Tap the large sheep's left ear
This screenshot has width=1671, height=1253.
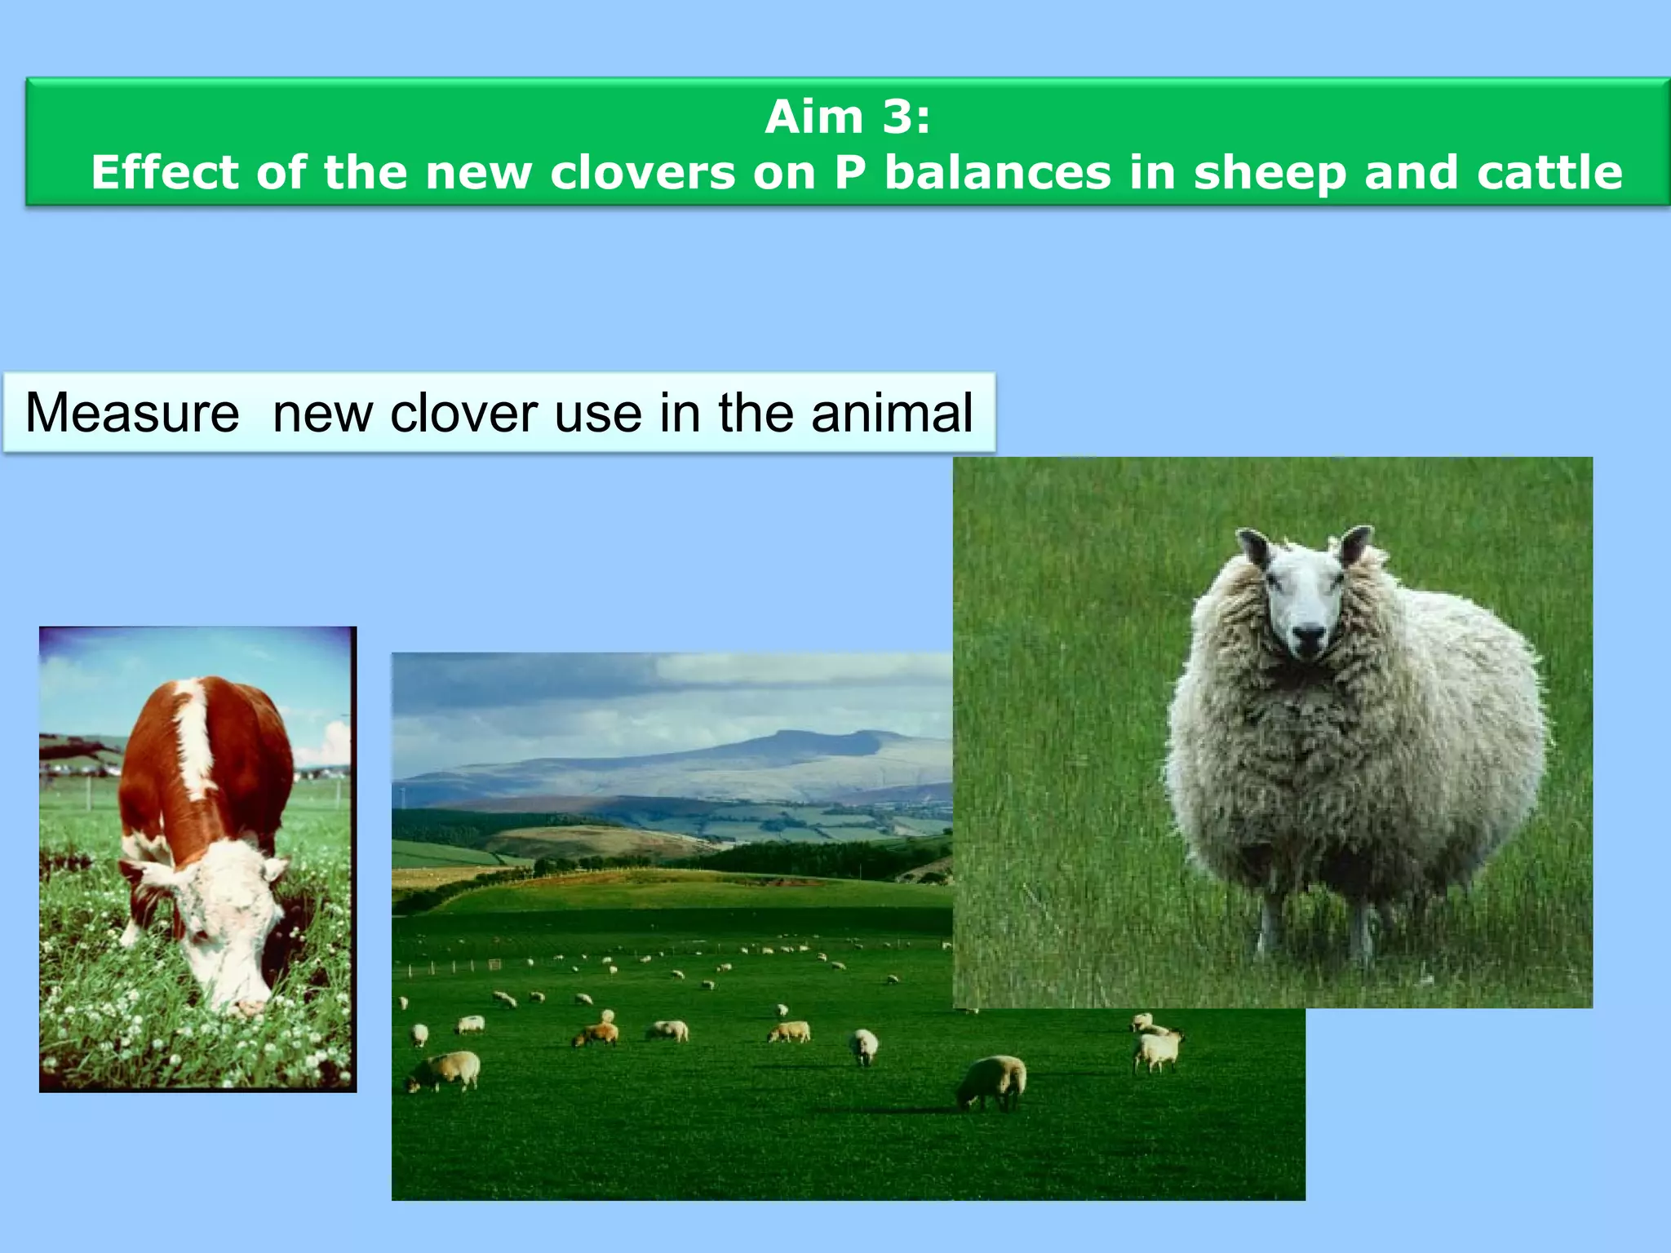(1254, 547)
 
